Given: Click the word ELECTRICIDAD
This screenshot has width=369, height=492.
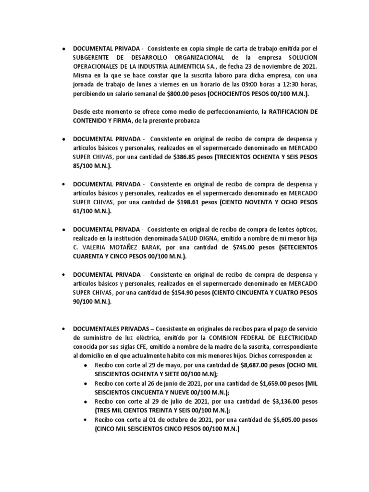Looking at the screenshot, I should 291,337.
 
